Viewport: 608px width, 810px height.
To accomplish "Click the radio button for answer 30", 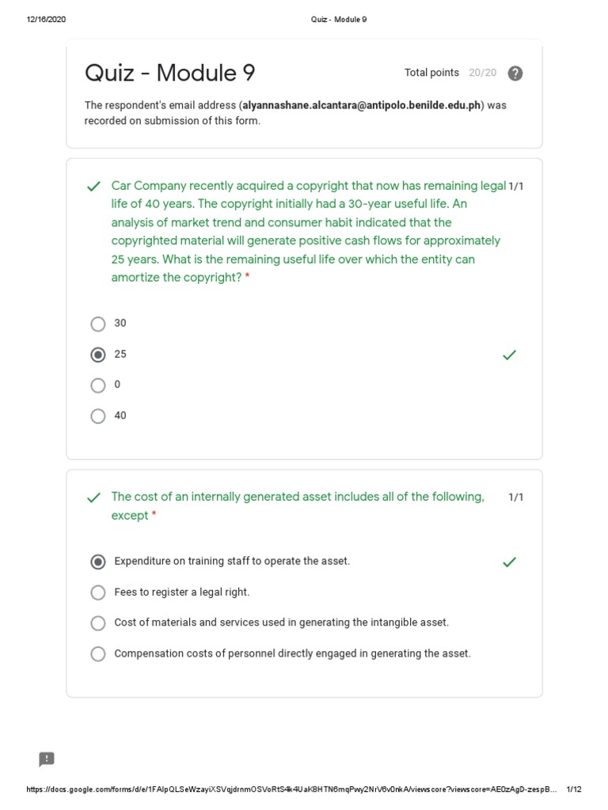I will point(98,324).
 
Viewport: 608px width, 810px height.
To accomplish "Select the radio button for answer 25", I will point(98,354).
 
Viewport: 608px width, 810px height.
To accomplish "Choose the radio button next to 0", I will point(98,385).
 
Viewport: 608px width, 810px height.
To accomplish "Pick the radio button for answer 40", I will point(98,416).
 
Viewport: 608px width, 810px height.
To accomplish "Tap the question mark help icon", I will point(515,74).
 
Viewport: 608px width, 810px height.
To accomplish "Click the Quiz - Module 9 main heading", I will point(170,74).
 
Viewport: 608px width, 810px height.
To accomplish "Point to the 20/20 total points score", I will point(482,73).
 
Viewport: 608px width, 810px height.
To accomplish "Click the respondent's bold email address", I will point(361,105).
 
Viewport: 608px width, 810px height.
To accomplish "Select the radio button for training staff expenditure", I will point(98,562).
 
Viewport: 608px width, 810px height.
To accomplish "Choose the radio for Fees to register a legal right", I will point(98,592).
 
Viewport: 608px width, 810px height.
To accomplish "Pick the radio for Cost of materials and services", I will point(98,623).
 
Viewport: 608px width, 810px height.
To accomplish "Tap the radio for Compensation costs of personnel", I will point(98,654).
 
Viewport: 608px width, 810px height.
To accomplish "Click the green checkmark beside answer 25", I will point(510,355).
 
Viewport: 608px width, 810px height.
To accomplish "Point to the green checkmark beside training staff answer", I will point(510,562).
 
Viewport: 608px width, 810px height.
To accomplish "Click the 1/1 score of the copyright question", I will point(516,186).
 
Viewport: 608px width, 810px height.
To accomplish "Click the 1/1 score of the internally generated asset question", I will point(516,498).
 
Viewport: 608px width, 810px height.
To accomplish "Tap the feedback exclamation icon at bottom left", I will point(47,759).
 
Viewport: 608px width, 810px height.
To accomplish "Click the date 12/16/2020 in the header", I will point(46,20).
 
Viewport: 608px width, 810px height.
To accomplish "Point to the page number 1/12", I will point(575,789).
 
